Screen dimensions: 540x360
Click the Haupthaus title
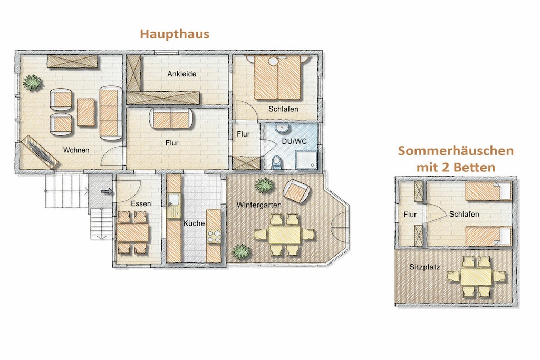(175, 34)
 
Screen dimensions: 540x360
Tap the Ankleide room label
(182, 74)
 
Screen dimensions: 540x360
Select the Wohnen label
(76, 150)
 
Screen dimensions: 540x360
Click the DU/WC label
(294, 141)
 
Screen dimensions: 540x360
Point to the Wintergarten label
(259, 205)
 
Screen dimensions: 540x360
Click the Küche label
(194, 223)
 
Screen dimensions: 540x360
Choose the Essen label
(141, 204)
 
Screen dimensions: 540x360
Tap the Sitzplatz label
(425, 267)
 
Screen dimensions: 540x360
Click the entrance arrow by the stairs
(107, 191)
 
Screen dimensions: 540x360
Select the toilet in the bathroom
(276, 162)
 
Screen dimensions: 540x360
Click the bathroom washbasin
(283, 129)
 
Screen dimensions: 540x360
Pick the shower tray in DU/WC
(306, 160)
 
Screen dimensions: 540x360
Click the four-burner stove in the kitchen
(214, 236)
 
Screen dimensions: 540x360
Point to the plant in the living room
(32, 83)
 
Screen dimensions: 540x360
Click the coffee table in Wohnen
(85, 112)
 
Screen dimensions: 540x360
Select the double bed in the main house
(277, 78)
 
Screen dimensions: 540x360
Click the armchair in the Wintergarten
(296, 191)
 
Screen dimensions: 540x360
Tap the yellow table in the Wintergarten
(284, 235)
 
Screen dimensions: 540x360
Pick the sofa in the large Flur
(171, 120)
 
